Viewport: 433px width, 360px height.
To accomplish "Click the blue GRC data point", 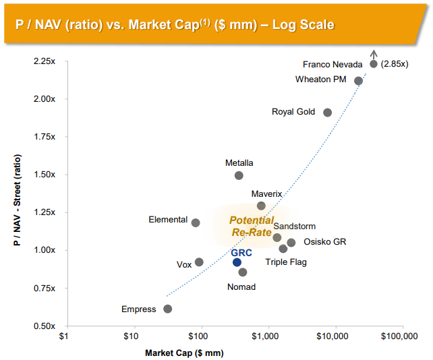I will point(237,262).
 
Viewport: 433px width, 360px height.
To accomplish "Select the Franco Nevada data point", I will point(374,64).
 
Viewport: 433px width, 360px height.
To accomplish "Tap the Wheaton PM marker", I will point(358,81).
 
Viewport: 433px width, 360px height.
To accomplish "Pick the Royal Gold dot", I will point(327,113).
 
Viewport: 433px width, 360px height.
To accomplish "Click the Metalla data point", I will point(239,175).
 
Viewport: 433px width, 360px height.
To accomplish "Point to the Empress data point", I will point(168,309).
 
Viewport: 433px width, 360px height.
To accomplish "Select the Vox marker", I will point(199,262).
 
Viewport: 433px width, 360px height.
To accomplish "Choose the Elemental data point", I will point(196,222).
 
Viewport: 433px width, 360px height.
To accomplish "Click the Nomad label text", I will point(241,287).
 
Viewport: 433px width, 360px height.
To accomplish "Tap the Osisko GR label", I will point(324,242).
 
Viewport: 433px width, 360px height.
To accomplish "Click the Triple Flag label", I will point(285,262).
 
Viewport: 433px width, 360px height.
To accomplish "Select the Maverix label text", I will point(266,193).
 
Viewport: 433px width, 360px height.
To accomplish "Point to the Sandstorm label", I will point(294,227).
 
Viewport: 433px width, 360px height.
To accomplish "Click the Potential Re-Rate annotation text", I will point(252,226).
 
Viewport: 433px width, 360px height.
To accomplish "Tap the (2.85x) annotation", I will point(395,64).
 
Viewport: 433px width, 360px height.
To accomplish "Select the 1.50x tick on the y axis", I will point(44,175).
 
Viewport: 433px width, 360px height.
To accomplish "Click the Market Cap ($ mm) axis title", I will point(184,352).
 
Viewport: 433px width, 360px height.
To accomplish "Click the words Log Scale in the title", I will point(301,25).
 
